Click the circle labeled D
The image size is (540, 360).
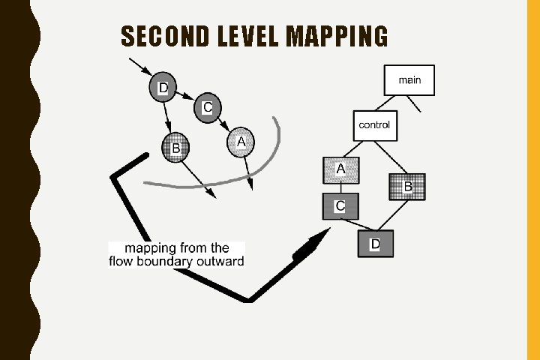[x=162, y=87]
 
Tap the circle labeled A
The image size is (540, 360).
[x=241, y=142]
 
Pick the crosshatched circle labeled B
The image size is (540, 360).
[x=175, y=148]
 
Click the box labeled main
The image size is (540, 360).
[x=409, y=80]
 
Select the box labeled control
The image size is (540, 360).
[x=374, y=125]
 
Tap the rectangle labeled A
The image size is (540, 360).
[x=340, y=171]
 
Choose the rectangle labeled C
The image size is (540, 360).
[x=340, y=205]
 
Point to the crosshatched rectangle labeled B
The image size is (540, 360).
[x=407, y=187]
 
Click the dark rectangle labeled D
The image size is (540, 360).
[x=375, y=244]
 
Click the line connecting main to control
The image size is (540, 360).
[x=385, y=103]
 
